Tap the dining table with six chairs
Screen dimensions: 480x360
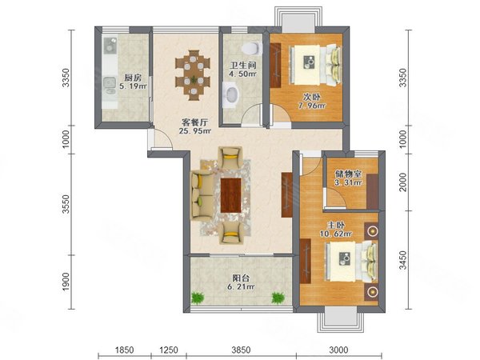[x=193, y=75]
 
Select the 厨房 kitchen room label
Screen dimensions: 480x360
[x=133, y=78]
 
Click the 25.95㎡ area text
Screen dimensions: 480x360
[x=195, y=132]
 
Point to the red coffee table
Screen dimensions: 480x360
[x=231, y=195]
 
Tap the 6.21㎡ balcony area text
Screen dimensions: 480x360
[x=241, y=287]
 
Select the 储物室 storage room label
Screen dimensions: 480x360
[x=348, y=174]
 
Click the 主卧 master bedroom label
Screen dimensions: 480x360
[x=336, y=226]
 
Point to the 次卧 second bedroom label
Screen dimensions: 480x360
[x=312, y=98]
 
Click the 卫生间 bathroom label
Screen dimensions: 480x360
[x=243, y=66]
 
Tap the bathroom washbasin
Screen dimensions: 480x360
[x=231, y=94]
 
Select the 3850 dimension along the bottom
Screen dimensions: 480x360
[x=241, y=350]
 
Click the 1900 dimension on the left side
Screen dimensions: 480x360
[x=66, y=282]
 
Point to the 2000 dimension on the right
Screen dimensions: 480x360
[x=403, y=182]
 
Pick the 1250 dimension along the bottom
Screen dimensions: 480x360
[x=168, y=350]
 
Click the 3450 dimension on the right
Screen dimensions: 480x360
[x=403, y=260]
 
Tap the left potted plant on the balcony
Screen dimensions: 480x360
[x=198, y=298]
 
